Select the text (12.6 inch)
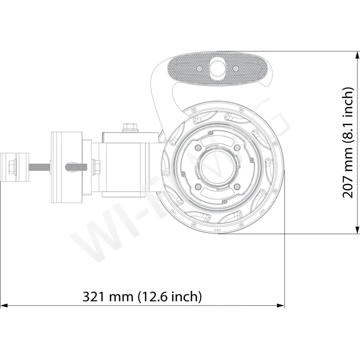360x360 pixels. tap(170, 297)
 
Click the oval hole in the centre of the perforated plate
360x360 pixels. tap(218, 67)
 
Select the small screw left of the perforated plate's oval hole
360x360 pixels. tap(200, 69)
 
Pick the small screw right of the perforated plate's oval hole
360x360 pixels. tap(236, 69)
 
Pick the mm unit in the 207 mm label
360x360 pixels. tap(349, 160)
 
